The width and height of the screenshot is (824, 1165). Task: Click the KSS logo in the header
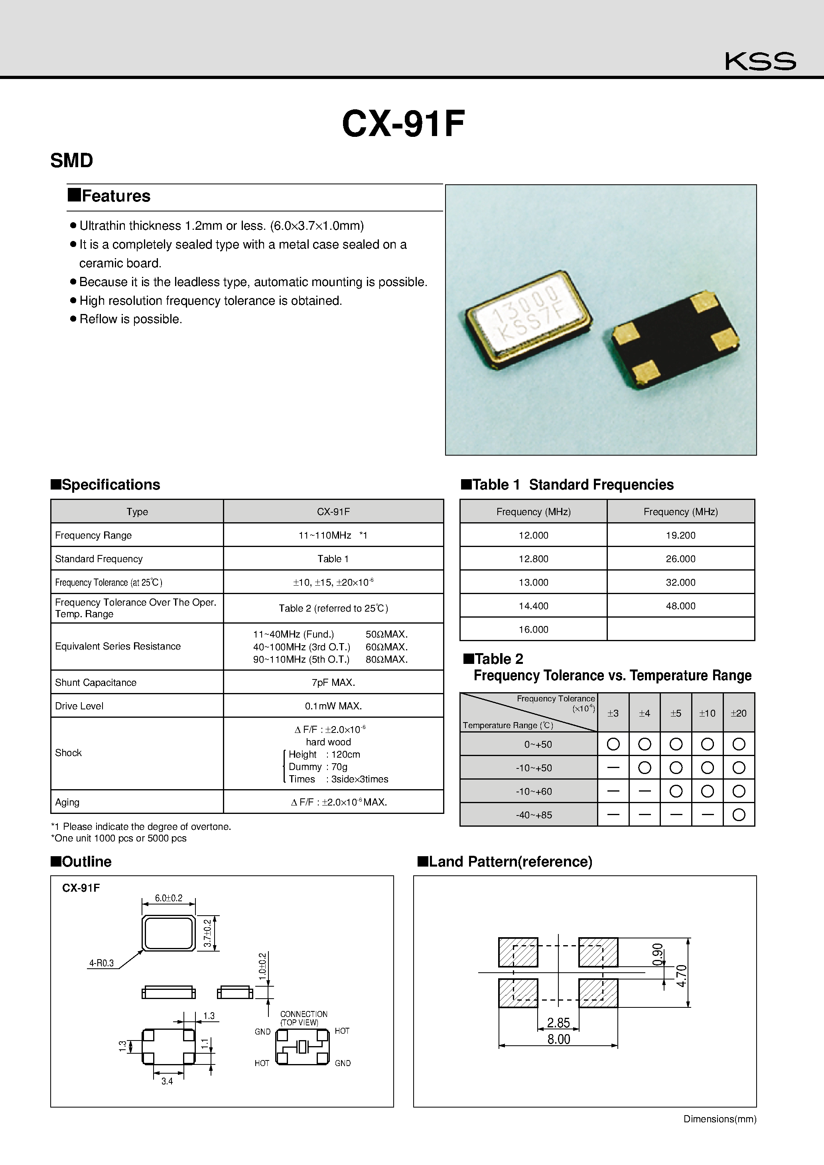pos(760,61)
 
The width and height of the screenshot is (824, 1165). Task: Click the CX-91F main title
pos(403,124)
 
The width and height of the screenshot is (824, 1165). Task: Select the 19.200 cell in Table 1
pos(680,535)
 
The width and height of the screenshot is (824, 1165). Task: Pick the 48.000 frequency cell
pos(680,606)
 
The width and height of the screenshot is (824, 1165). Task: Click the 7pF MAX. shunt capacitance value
pos(333,683)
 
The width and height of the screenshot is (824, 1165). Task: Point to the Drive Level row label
pos(79,706)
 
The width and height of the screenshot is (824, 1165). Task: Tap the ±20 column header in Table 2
pos(738,713)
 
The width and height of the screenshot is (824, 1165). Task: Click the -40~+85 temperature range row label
pos(534,815)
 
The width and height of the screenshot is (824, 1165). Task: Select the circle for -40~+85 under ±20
pos(739,815)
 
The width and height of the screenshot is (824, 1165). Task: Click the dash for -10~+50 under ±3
pos(613,768)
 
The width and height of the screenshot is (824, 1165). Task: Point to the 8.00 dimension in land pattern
pos(559,1039)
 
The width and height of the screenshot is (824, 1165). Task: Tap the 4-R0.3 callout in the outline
pos(101,963)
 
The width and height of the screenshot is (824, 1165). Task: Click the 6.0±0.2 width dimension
pos(168,898)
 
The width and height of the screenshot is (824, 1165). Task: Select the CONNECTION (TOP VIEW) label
pos(304,1018)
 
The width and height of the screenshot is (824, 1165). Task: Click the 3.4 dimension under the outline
pos(167,1081)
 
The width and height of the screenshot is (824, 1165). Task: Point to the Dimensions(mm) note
pos(720,1119)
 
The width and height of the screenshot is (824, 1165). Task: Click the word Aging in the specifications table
pos(67,802)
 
